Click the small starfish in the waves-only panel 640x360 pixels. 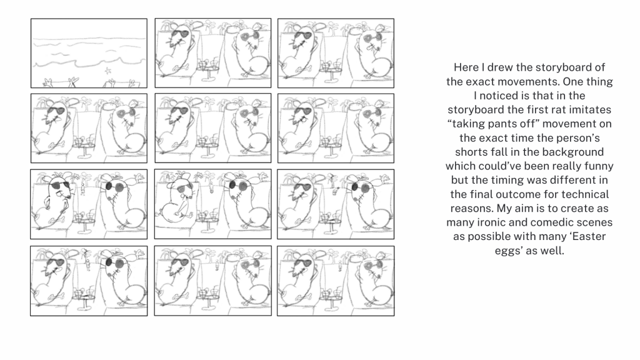point(107,71)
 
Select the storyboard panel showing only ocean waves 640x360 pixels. point(89,53)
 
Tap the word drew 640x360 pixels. point(499,67)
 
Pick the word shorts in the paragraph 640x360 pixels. point(468,152)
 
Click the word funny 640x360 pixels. point(599,166)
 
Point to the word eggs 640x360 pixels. point(507,251)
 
